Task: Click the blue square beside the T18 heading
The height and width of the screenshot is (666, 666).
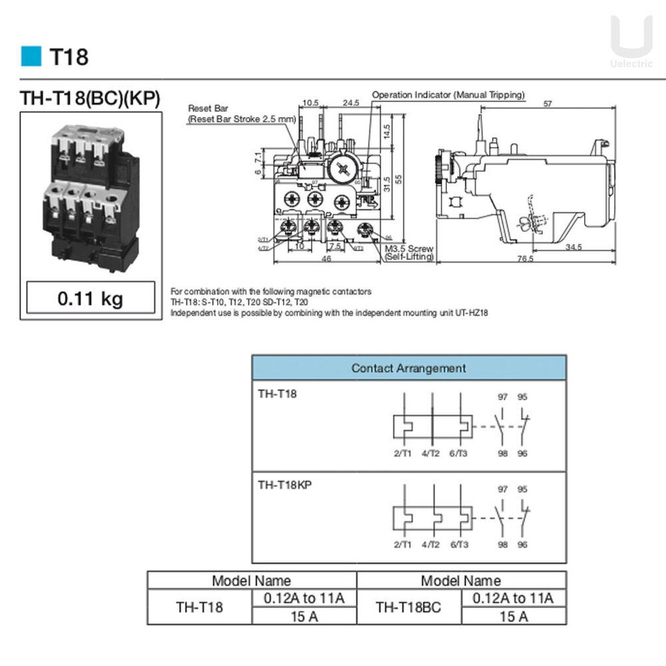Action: point(31,57)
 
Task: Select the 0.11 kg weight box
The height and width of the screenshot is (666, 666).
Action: point(90,299)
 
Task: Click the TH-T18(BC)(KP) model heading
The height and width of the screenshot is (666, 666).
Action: point(90,98)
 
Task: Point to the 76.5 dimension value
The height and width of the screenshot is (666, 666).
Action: point(525,258)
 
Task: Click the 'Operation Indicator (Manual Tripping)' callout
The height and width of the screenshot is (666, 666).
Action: point(448,95)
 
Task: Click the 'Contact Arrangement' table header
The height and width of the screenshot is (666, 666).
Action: point(408,368)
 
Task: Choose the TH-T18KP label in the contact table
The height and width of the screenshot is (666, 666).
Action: point(285,485)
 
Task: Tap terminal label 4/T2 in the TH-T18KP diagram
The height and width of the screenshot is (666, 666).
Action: point(431,544)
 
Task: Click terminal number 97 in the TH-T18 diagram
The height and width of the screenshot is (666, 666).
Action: point(503,397)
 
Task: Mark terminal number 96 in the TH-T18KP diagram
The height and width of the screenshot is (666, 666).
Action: point(522,544)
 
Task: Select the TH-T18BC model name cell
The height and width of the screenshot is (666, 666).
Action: point(408,607)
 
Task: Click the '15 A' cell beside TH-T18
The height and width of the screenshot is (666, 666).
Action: point(304,616)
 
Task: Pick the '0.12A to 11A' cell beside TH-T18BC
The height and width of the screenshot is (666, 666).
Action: point(513,598)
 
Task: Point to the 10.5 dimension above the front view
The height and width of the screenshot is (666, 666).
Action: point(311,103)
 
